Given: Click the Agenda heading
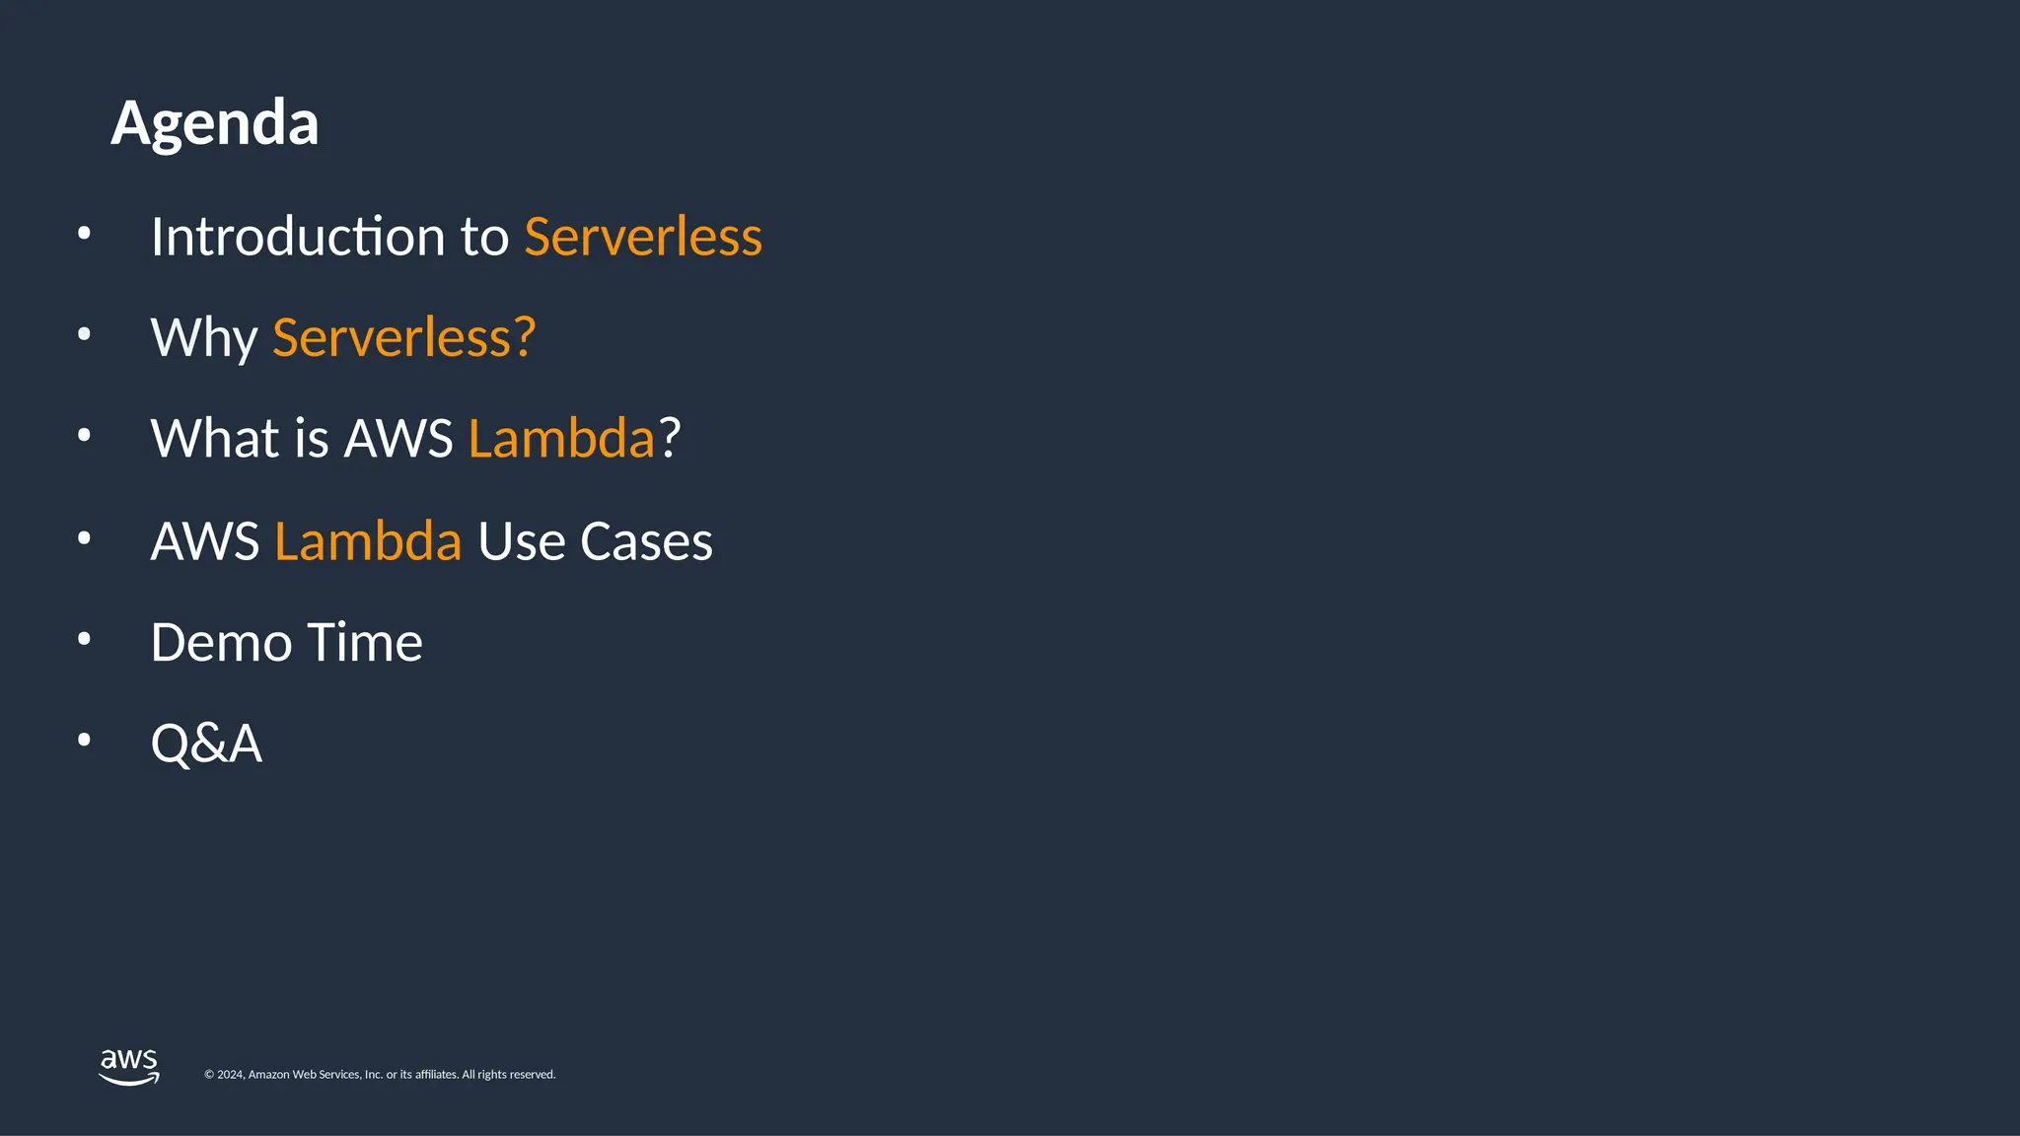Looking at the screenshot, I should point(215,123).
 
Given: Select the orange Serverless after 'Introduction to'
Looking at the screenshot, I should point(643,237).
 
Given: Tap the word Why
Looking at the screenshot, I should point(204,338).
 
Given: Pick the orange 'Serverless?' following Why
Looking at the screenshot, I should point(403,338).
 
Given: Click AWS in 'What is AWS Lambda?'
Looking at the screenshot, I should point(397,438).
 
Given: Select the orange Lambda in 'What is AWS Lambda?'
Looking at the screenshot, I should point(561,438).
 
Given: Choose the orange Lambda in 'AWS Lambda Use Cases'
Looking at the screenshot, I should point(368,541).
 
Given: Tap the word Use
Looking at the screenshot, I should point(521,541).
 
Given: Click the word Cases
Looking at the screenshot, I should point(646,541).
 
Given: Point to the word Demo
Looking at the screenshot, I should point(221,643).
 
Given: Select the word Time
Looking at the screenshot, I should point(365,643).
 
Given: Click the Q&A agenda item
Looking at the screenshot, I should point(206,744).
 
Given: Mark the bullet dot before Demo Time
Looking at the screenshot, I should point(84,639).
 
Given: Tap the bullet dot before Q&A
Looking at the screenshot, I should point(84,740).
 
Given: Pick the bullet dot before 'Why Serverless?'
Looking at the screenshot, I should point(84,334).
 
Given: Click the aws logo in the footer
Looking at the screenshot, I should point(129,1067).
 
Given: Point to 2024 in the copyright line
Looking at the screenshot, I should point(231,1075).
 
